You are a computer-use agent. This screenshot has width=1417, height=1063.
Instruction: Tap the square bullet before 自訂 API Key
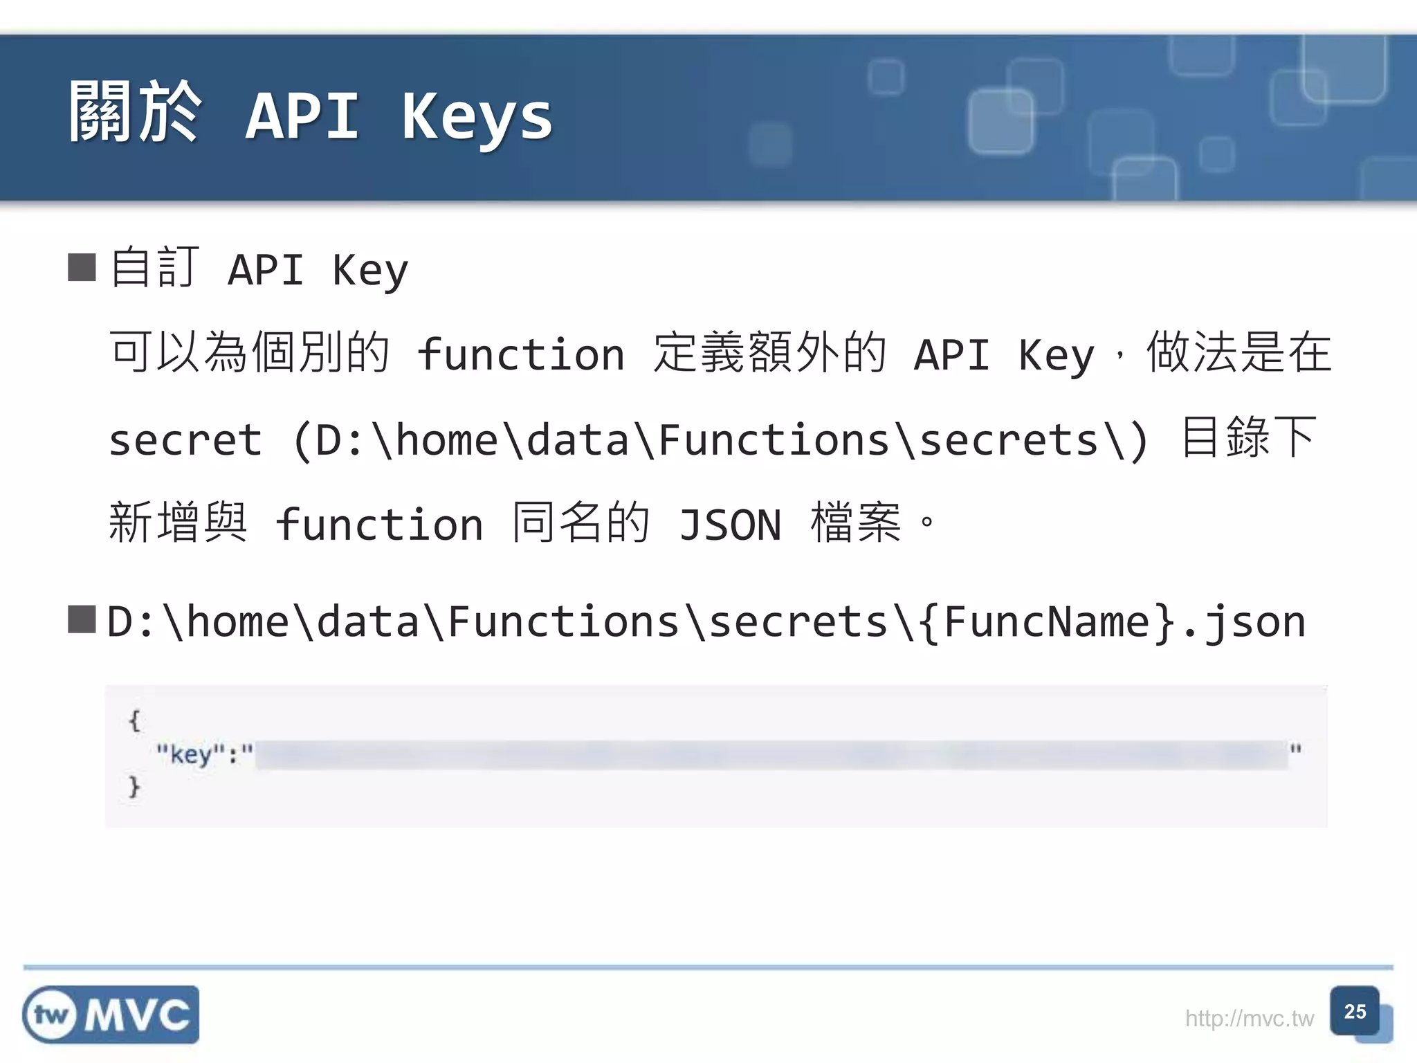[82, 267]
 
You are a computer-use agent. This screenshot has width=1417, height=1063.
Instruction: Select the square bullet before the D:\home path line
[82, 619]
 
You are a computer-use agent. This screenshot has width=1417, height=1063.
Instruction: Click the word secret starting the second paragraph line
[185, 440]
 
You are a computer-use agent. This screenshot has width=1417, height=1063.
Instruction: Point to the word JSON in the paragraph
[730, 525]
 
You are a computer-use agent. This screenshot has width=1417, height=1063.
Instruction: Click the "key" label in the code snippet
[191, 753]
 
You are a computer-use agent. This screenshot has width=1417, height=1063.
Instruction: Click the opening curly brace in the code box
[134, 720]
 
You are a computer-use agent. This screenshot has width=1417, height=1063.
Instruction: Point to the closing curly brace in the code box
[134, 787]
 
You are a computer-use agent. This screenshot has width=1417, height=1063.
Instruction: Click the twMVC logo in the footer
[111, 1015]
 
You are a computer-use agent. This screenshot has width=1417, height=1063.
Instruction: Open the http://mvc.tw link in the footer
[1249, 1019]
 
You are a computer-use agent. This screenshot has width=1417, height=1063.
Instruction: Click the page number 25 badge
[1355, 1012]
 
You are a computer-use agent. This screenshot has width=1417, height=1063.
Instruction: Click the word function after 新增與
[379, 525]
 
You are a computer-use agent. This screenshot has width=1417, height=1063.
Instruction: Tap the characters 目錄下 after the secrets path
[1249, 437]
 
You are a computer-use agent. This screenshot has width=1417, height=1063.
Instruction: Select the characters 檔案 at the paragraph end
[857, 523]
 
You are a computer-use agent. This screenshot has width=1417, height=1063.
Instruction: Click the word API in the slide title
[302, 116]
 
